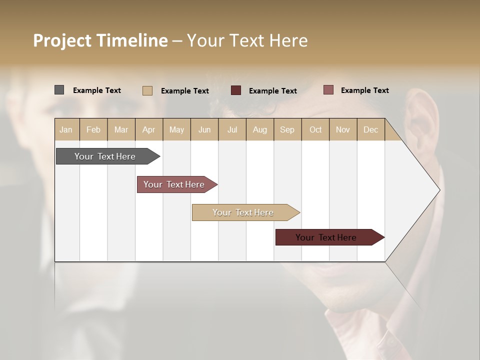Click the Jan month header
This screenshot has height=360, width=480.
66,129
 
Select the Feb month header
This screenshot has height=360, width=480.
93,129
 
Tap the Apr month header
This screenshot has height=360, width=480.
148,129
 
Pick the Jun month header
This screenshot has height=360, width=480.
204,129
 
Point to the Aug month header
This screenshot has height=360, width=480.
259,129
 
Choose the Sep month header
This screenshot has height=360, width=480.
287,129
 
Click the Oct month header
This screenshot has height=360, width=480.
315,129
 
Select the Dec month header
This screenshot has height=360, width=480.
370,129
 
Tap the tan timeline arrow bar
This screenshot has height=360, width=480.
243,212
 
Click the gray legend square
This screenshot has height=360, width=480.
59,90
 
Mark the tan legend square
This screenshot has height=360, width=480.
147,90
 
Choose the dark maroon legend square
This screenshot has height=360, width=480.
236,90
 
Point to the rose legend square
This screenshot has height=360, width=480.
328,90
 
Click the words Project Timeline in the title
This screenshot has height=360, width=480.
100,40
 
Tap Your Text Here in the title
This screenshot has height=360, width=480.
247,40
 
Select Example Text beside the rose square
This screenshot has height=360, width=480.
364,90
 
